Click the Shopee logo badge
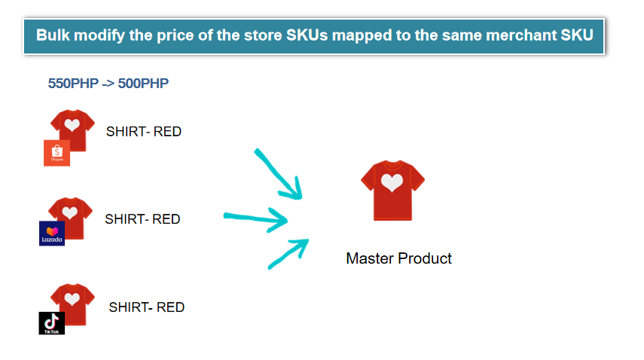point(56,153)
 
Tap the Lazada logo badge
point(52,233)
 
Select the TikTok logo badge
point(52,323)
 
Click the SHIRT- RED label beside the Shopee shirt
point(144,132)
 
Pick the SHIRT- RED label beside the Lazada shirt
point(142,219)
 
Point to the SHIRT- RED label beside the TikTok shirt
point(147,307)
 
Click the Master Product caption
point(398,258)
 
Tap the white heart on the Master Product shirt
point(392,182)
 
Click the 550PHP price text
point(73,84)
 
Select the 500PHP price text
point(143,84)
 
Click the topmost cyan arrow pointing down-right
point(278,174)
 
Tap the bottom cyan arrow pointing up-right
point(288,254)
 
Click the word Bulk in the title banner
point(53,35)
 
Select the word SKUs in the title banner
point(307,35)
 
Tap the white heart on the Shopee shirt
point(72,124)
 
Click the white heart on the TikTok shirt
point(72,299)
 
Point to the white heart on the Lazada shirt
point(70,212)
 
